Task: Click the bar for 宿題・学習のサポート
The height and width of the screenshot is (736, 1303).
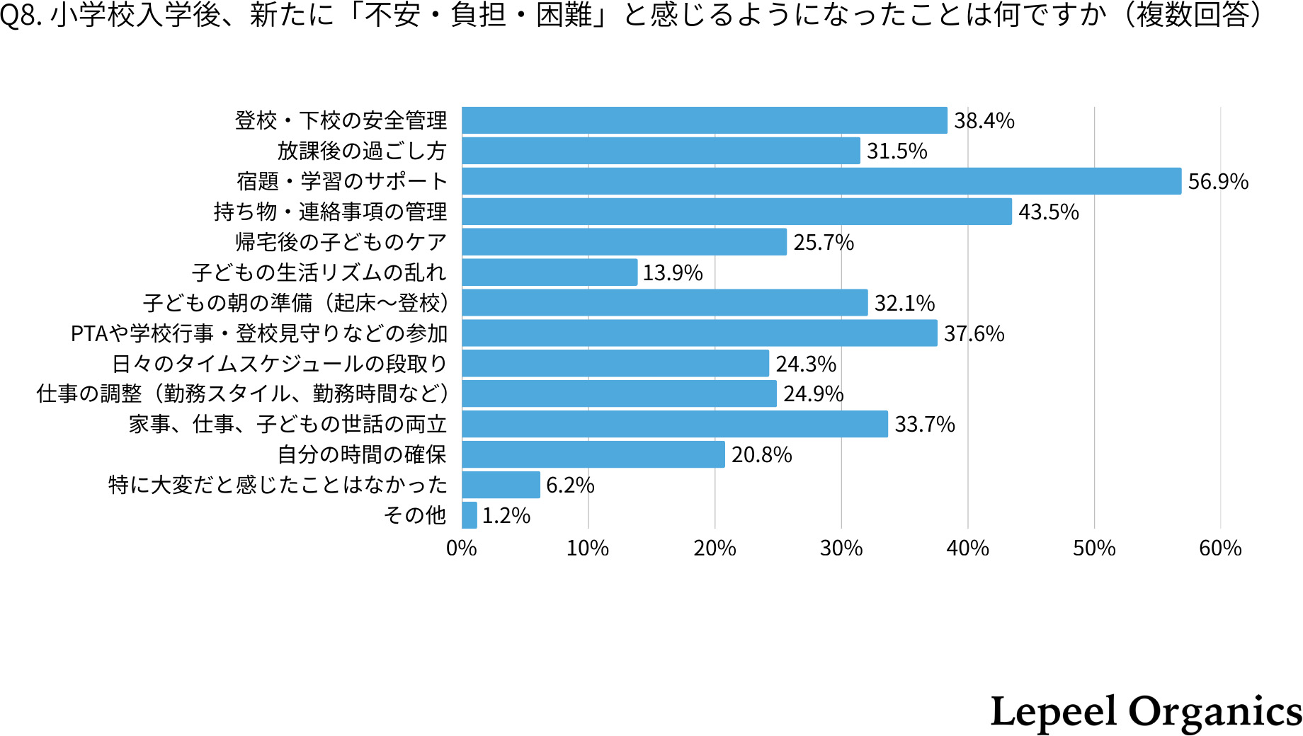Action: tap(821, 181)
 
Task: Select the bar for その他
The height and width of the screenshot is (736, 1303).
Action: tap(470, 515)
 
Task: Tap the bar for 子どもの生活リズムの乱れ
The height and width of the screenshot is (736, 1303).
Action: tap(550, 272)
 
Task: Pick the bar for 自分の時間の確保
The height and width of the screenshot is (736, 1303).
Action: tap(593, 454)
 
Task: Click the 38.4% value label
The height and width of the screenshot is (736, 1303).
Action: tap(984, 121)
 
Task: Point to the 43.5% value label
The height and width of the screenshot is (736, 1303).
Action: tap(1048, 212)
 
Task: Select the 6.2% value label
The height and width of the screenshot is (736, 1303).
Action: tap(569, 485)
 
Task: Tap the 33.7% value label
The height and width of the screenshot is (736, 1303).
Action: tap(924, 425)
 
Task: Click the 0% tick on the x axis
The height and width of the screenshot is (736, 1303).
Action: tap(462, 548)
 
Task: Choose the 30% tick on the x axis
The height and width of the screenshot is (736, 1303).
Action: tap(841, 548)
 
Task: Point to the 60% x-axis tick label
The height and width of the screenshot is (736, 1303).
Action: tap(1220, 548)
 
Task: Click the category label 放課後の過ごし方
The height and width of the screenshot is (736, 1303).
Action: tap(362, 151)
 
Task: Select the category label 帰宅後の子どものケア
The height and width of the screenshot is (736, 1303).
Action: tap(341, 243)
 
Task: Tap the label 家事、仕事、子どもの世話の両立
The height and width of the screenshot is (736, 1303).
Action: tap(288, 425)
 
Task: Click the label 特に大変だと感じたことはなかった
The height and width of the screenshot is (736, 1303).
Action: tap(278, 485)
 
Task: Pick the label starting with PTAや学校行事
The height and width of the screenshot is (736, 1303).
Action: tap(259, 333)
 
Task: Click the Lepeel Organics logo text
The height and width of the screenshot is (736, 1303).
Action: tap(1145, 712)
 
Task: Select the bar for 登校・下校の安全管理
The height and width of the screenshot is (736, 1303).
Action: tap(705, 120)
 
